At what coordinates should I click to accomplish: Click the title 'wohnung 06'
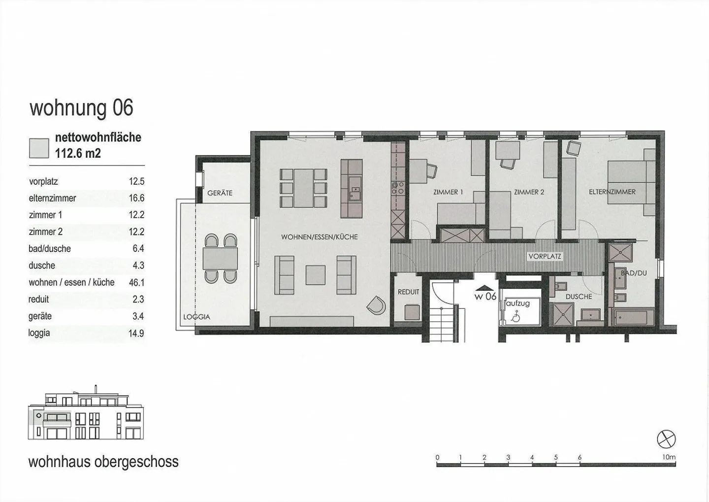tap(81, 108)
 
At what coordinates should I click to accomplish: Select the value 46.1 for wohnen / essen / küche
tap(136, 282)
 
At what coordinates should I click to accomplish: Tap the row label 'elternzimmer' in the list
tap(52, 198)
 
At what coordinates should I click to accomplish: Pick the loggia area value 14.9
tap(136, 333)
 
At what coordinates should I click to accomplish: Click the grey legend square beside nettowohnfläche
tap(39, 148)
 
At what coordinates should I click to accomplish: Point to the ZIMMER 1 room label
tap(448, 192)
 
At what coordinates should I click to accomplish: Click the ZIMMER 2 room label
tap(529, 192)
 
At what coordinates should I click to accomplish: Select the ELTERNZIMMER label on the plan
tap(612, 192)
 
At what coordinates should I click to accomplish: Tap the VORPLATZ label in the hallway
tap(544, 257)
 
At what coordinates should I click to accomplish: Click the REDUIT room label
tap(408, 292)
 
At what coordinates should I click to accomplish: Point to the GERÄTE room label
tap(220, 193)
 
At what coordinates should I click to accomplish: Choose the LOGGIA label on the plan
tap(196, 317)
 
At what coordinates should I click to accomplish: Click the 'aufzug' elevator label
tap(518, 303)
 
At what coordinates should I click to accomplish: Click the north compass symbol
tap(666, 439)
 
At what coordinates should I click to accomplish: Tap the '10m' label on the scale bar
tap(669, 457)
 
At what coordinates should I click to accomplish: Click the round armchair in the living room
tap(376, 305)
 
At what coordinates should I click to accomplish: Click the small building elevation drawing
tap(86, 416)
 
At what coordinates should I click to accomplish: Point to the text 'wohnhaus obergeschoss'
tap(103, 462)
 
